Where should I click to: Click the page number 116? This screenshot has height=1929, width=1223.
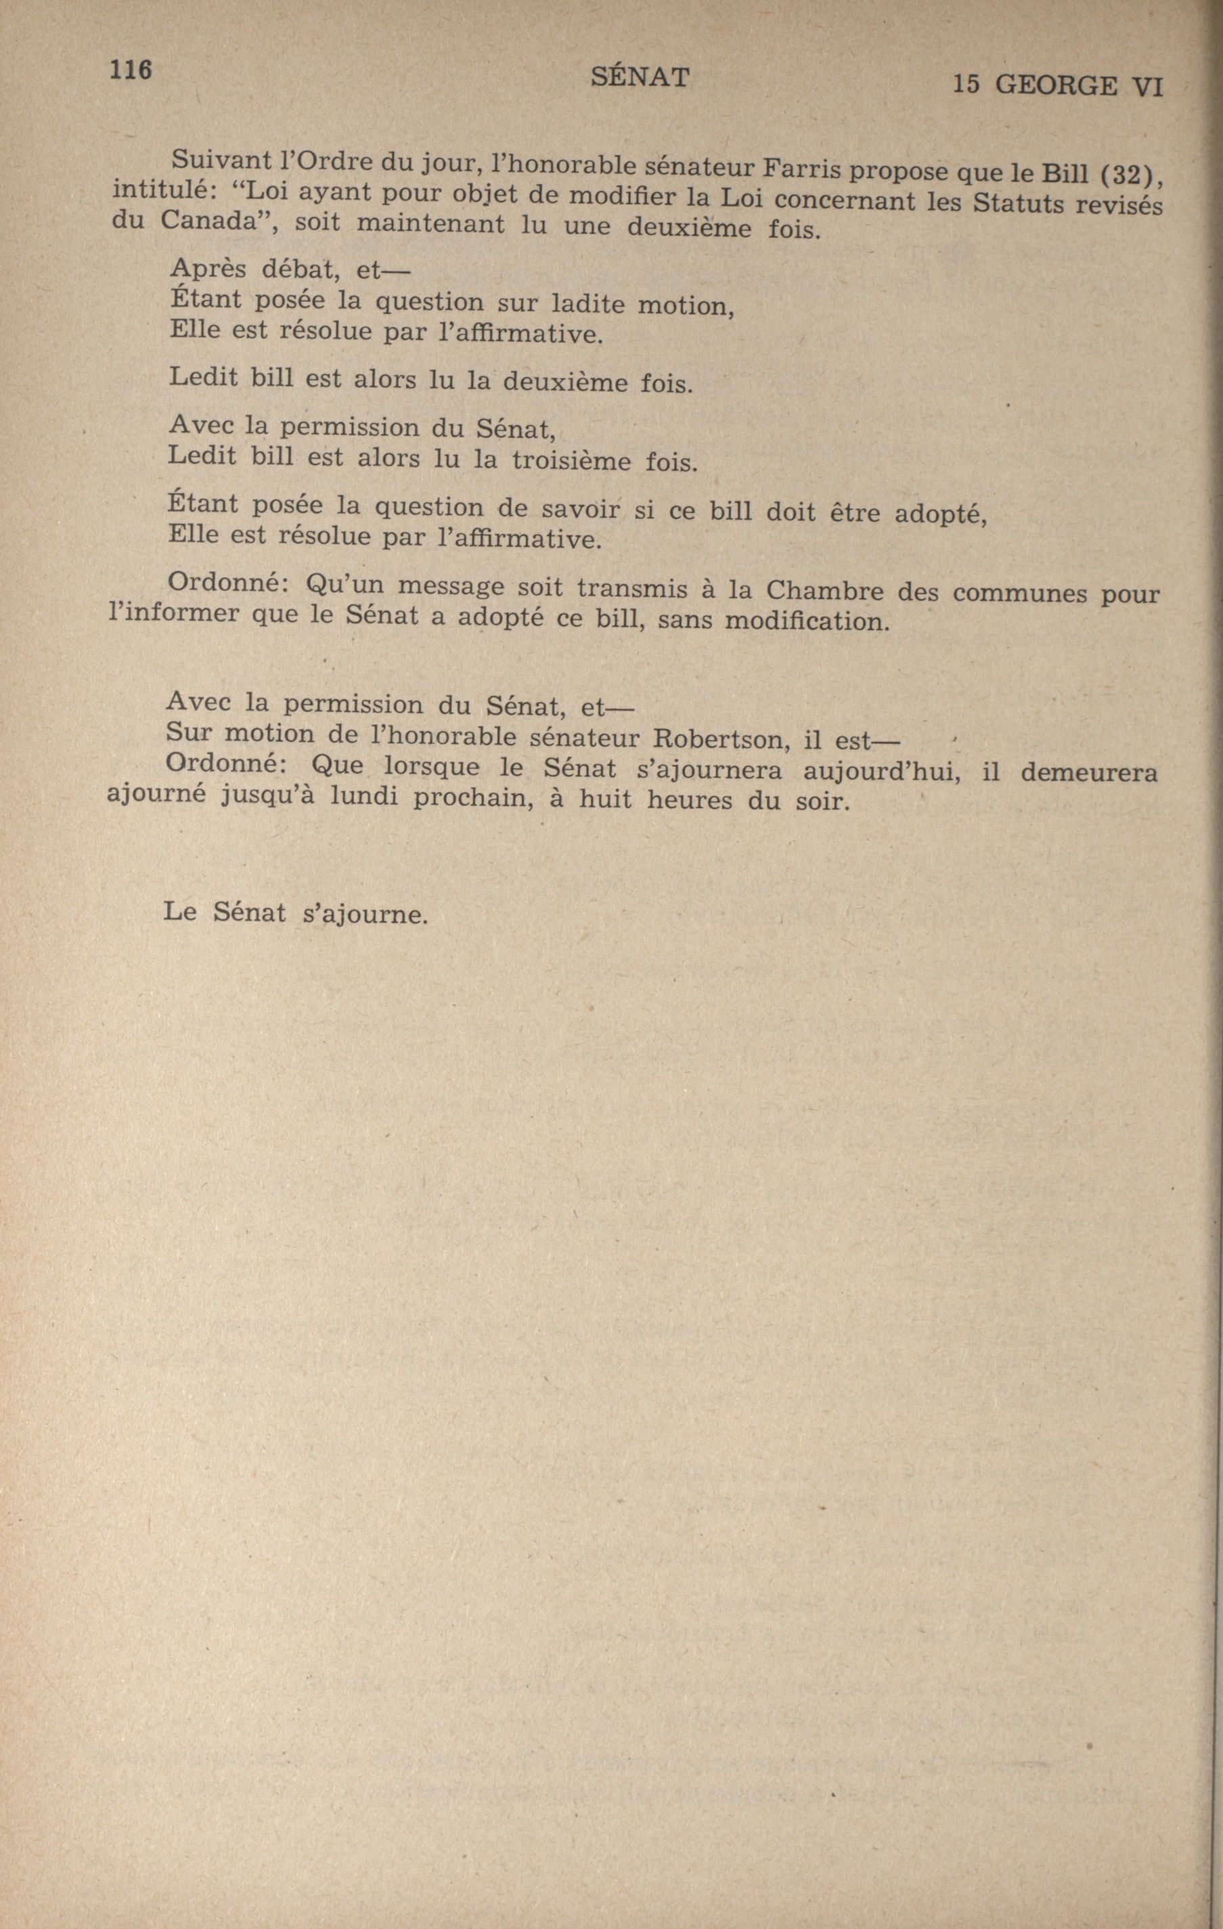[x=131, y=70]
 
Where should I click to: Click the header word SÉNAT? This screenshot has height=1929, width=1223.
[x=639, y=78]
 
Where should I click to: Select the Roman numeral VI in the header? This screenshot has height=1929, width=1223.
[x=1148, y=87]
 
